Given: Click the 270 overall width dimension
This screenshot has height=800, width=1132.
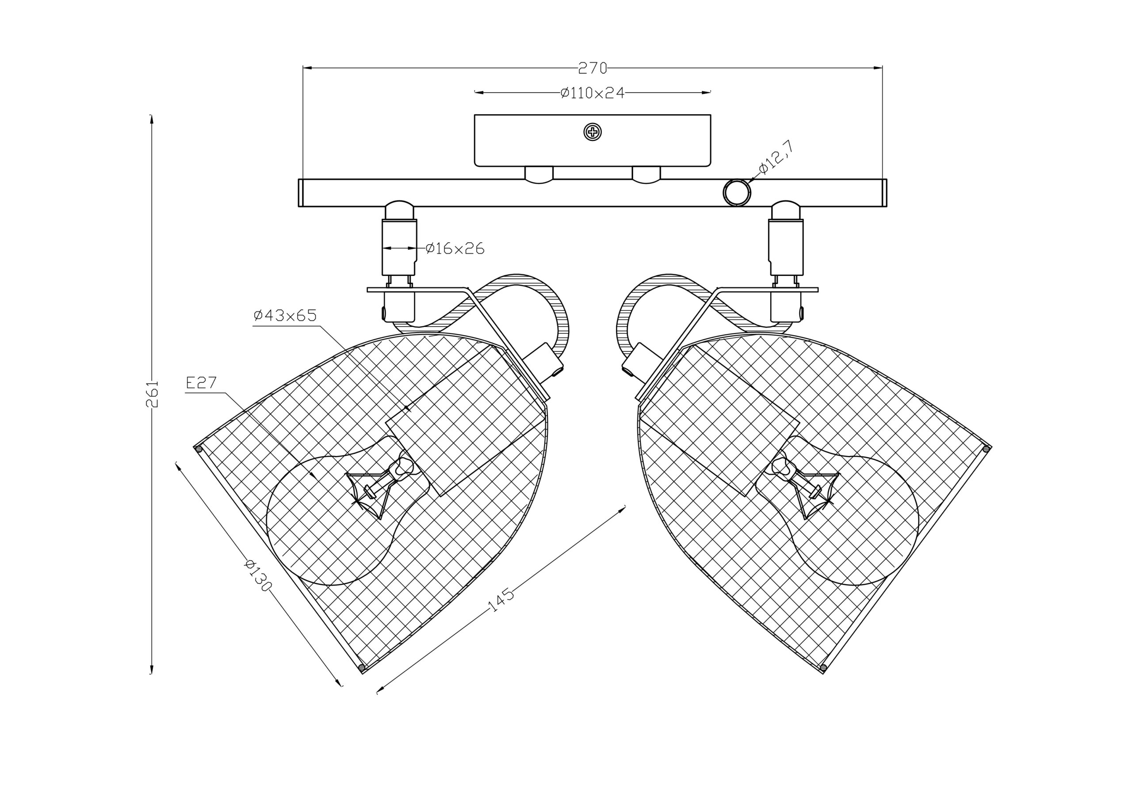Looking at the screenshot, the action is click(592, 68).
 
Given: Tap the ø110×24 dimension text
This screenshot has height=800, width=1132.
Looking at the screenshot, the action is click(593, 93).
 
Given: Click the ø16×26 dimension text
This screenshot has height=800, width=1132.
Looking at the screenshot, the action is click(455, 249).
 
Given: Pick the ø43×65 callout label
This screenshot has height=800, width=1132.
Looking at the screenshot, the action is click(285, 316).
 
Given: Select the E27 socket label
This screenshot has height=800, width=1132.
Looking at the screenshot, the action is click(202, 383).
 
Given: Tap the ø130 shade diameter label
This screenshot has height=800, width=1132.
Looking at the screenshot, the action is click(258, 576).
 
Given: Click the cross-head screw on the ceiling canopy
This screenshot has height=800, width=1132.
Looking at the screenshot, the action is click(593, 132).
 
